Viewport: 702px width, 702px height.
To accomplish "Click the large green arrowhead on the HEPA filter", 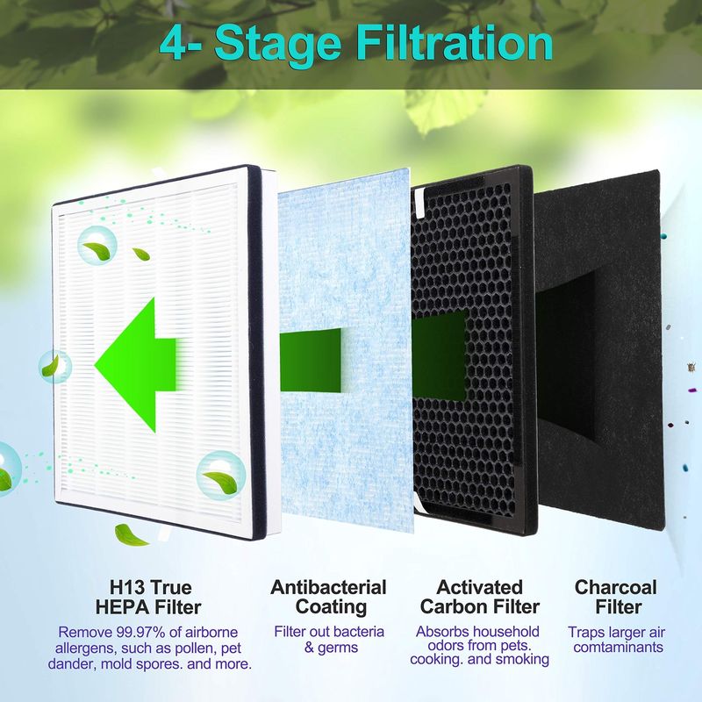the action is pos(135,365).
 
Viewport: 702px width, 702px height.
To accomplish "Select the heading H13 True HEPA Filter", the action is pos(149,598).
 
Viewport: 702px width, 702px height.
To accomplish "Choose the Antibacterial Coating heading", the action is pos(328,598).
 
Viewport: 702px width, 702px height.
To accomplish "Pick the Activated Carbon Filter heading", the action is pos(479,597).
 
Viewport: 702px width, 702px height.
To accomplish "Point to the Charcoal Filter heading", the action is pos(616,597).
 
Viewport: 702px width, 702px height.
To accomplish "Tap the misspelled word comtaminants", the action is pos(619,647).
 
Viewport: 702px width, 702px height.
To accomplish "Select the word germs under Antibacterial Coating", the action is pos(338,648).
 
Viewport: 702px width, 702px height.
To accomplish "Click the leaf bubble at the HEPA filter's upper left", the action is pos(97,246).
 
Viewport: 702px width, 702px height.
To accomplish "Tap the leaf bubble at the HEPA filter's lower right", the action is pos(221,476).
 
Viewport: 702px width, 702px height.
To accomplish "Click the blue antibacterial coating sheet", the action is pos(345,354).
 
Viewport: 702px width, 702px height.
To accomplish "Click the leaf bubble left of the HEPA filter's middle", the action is pos(54,367).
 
